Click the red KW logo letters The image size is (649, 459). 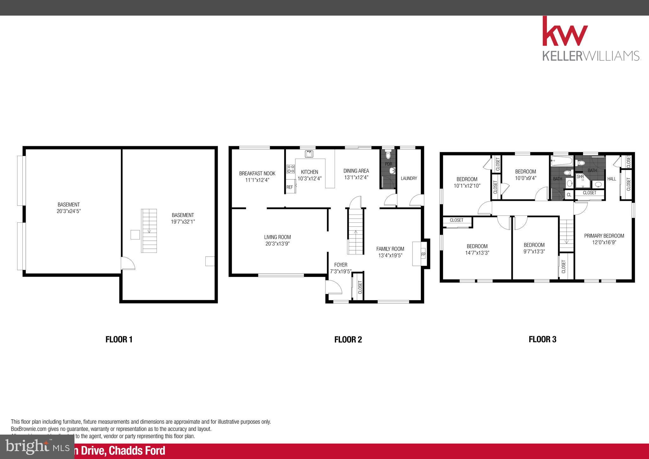tap(565, 32)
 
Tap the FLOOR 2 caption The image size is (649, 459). tap(348, 340)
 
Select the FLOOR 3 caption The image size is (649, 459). tap(542, 339)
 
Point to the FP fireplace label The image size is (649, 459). tap(423, 254)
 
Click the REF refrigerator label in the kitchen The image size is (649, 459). tap(290, 187)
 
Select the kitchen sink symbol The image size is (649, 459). tap(309, 154)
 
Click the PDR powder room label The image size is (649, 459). tap(389, 164)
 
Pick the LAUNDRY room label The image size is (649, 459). tap(409, 178)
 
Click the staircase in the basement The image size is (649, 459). tap(149, 231)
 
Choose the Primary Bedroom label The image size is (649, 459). tap(604, 236)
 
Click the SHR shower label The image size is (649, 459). tap(580, 177)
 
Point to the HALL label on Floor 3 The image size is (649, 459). tap(612, 179)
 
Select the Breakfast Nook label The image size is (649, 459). tap(257, 174)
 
